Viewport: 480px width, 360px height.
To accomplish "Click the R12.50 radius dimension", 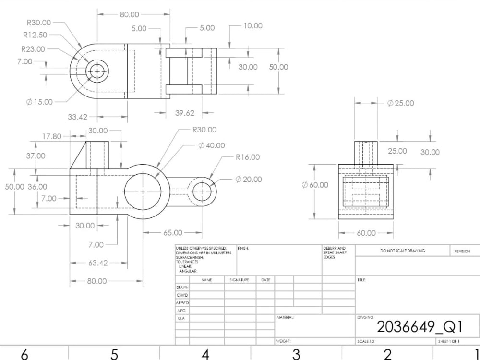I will pyautogui.click(x=35, y=35).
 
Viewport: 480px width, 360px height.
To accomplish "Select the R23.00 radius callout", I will pyautogui.click(x=33, y=49).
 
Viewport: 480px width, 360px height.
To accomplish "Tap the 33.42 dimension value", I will pyautogui.click(x=77, y=117).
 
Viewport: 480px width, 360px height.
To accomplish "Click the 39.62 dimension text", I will pyautogui.click(x=185, y=113).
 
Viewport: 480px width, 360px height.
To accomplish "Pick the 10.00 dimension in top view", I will pyautogui.click(x=253, y=26).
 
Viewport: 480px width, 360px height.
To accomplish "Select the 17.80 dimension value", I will pyautogui.click(x=52, y=136).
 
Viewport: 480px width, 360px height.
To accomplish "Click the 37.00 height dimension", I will pyautogui.click(x=36, y=156).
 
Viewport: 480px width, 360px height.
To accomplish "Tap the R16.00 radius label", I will pyautogui.click(x=247, y=157).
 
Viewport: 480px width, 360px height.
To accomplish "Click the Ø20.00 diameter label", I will pyautogui.click(x=249, y=180).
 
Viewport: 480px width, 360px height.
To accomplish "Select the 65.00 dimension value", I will pyautogui.click(x=173, y=233).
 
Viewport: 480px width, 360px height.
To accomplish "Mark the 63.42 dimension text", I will pyautogui.click(x=97, y=263).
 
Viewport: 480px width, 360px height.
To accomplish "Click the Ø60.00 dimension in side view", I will pyautogui.click(x=315, y=185).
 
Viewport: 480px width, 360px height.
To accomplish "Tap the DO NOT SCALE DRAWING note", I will pyautogui.click(x=402, y=251).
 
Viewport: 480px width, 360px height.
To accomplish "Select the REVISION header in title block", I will pyautogui.click(x=462, y=251).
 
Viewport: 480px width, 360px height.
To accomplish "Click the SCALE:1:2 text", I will pyautogui.click(x=366, y=341).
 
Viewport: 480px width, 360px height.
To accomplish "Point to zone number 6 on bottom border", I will pyautogui.click(x=24, y=354).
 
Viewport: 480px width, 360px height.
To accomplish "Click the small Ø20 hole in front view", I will pyautogui.click(x=202, y=192).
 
